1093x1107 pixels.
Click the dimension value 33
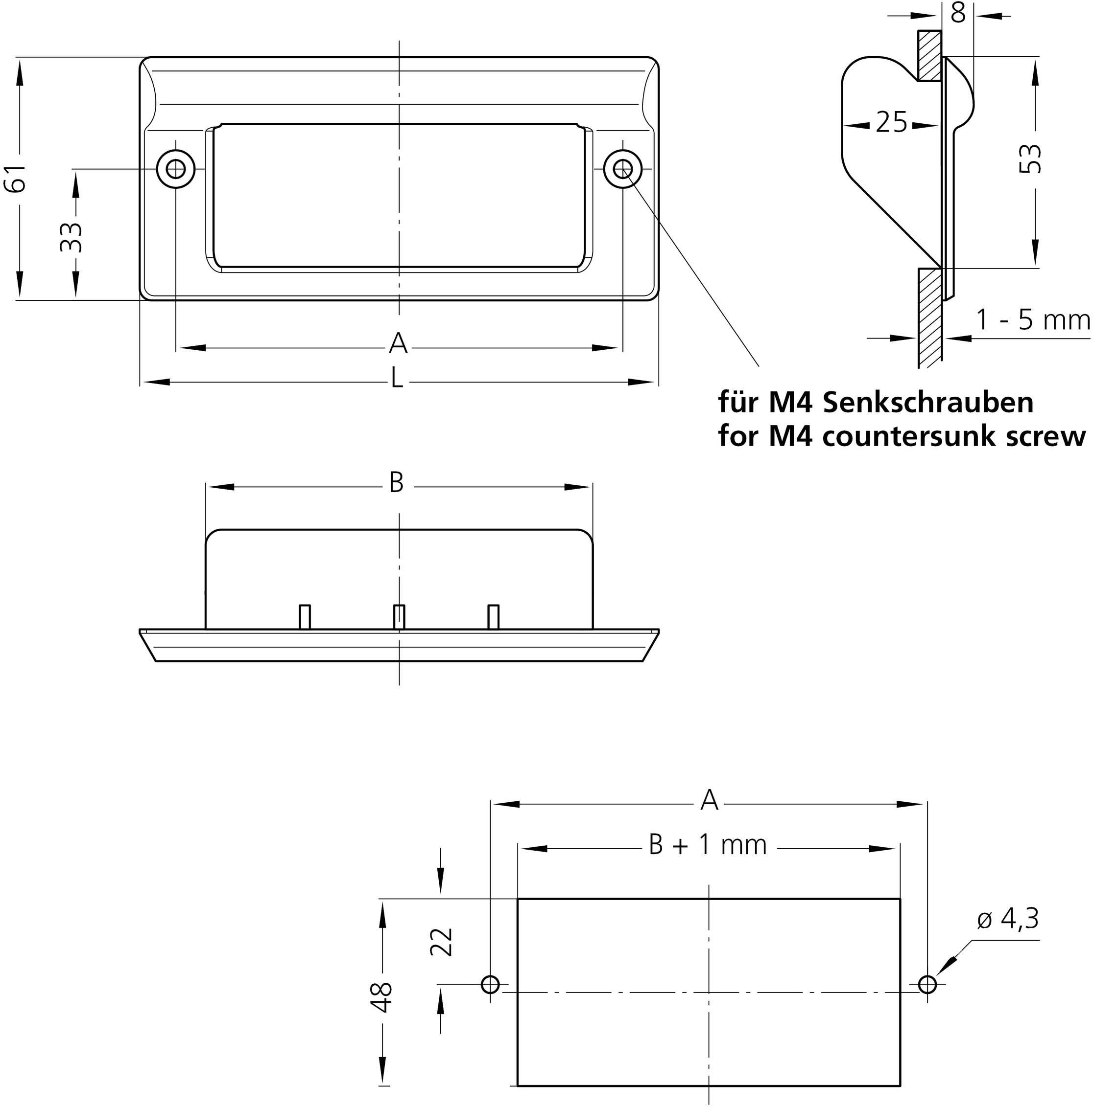[71, 237]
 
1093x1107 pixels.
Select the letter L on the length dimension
[396, 378]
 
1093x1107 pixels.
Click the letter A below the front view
[398, 344]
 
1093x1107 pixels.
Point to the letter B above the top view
[396, 483]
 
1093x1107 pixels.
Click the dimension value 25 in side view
[891, 122]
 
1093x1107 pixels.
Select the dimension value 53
[1030, 158]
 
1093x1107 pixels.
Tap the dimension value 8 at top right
[958, 13]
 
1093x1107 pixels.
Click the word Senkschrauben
[928, 403]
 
